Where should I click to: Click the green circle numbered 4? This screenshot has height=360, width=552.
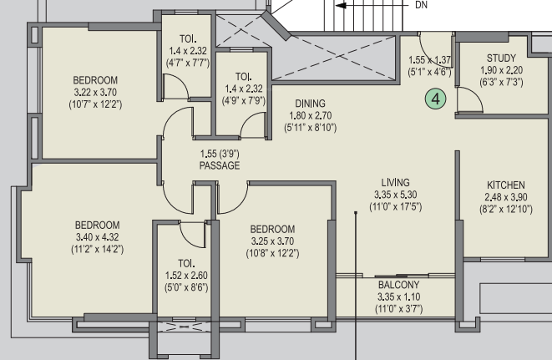[x=435, y=99]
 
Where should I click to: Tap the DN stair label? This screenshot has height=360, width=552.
[x=422, y=5]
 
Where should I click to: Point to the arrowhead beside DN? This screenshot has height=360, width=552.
[x=341, y=5]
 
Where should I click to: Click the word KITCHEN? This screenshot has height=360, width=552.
[x=506, y=185]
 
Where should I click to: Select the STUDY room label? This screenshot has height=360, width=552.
[x=501, y=58]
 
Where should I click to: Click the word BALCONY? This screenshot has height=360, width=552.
[x=398, y=285]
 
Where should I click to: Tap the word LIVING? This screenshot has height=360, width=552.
[x=395, y=182]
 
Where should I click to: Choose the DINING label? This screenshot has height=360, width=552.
[x=310, y=104]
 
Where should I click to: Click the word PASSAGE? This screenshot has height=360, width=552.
[x=220, y=165]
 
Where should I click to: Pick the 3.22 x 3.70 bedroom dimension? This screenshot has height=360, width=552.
[x=95, y=92]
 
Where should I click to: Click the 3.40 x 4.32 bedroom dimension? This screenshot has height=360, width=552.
[x=97, y=237]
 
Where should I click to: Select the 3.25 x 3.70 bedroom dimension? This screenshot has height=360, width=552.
[x=272, y=241]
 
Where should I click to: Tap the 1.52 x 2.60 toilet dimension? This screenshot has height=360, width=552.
[x=186, y=276]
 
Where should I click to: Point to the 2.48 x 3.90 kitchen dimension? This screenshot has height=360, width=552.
[x=506, y=197]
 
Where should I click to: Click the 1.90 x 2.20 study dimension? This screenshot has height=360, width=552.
[x=501, y=70]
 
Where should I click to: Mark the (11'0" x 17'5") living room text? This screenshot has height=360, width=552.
[x=395, y=207]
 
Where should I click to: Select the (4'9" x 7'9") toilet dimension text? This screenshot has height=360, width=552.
[x=244, y=101]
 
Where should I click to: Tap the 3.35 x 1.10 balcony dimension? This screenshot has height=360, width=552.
[x=398, y=297]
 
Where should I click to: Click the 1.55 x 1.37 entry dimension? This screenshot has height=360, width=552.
[x=429, y=60]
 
